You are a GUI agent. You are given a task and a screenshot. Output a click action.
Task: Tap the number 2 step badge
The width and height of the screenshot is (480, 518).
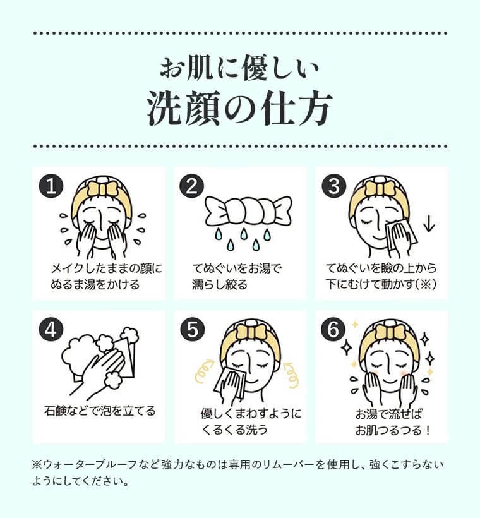(191, 186)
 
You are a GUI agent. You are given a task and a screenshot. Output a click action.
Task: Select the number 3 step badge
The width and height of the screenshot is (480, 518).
(333, 186)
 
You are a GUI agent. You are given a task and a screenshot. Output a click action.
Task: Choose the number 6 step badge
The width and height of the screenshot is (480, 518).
(333, 329)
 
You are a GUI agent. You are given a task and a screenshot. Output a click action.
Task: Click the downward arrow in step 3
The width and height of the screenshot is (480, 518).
(429, 224)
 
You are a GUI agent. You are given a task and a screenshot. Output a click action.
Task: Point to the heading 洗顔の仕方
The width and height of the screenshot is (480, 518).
(239, 109)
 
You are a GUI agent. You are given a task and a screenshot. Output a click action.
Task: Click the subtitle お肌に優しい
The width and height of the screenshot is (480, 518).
(239, 68)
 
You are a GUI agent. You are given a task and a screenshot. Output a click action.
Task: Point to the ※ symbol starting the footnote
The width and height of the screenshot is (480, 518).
(36, 464)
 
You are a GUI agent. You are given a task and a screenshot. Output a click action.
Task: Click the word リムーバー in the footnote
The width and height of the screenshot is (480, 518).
(290, 464)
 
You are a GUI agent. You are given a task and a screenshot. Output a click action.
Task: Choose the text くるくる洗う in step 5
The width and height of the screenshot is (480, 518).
(234, 430)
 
